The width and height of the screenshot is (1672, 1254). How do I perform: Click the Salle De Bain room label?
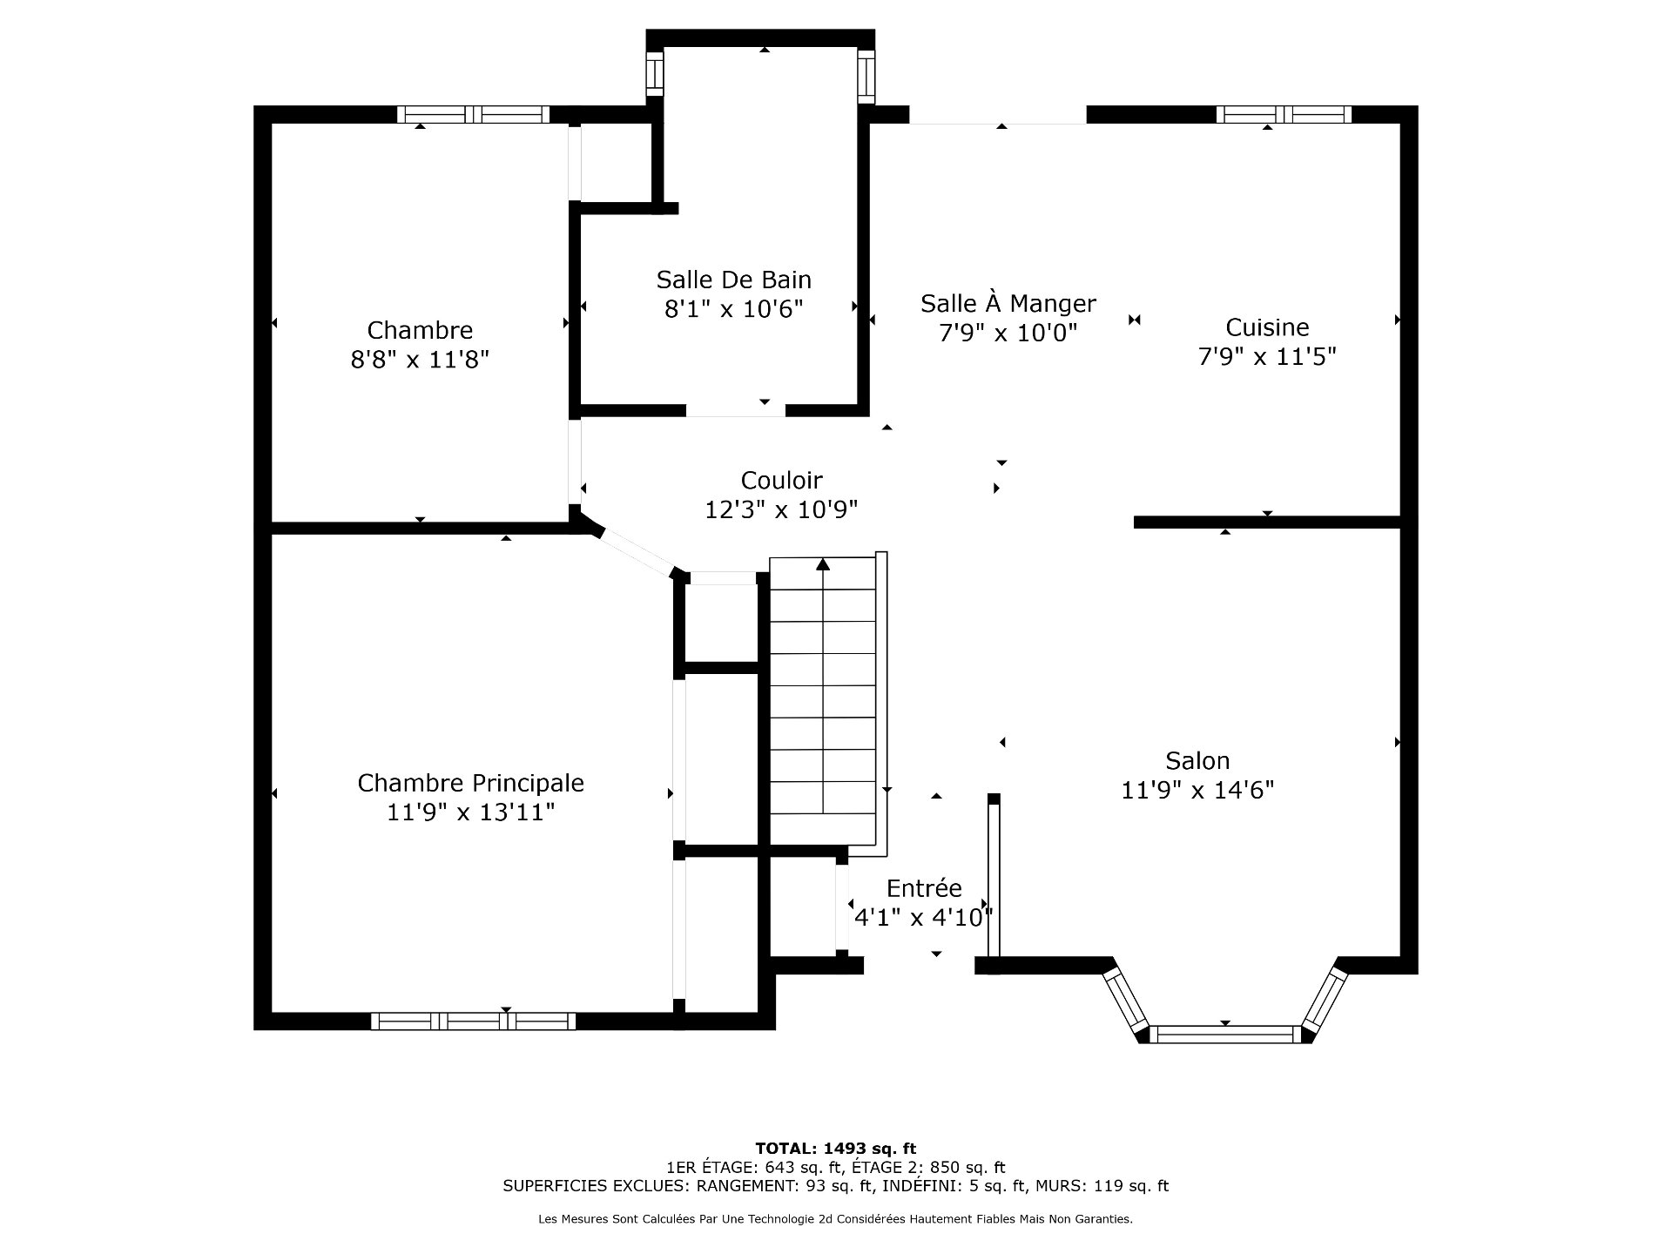pyautogui.click(x=733, y=280)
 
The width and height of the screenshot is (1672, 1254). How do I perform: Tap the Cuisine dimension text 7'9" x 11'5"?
pyautogui.click(x=1267, y=356)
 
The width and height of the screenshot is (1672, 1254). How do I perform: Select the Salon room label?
pyautogui.click(x=1197, y=760)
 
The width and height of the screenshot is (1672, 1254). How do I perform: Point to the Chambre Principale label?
pyautogui.click(x=470, y=783)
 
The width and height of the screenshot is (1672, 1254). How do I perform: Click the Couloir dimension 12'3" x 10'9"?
pyautogui.click(x=781, y=509)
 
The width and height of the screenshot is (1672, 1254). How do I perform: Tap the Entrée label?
pyautogui.click(x=924, y=888)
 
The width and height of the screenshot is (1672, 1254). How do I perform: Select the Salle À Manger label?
pyautogui.click(x=1008, y=303)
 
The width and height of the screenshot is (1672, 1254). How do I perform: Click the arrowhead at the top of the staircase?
pyautogui.click(x=823, y=564)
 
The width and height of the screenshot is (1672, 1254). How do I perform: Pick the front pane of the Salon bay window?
pyautogui.click(x=1225, y=1035)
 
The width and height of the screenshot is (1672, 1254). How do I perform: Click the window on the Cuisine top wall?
pyautogui.click(x=1284, y=114)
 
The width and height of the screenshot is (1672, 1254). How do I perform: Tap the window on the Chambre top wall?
pyautogui.click(x=473, y=114)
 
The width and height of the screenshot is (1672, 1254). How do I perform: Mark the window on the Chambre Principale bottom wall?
pyautogui.click(x=473, y=1021)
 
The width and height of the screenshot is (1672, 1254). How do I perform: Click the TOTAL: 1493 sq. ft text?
pyautogui.click(x=835, y=1149)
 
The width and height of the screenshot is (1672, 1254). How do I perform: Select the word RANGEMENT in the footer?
pyautogui.click(x=742, y=1186)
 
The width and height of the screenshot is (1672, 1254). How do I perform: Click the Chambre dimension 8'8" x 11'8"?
pyautogui.click(x=420, y=359)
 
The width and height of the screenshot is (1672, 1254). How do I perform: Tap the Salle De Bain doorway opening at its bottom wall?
pyautogui.click(x=736, y=411)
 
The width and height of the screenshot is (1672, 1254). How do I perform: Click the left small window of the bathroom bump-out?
pyautogui.click(x=655, y=74)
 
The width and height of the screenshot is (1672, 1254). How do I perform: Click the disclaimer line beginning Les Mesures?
pyautogui.click(x=835, y=1219)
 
